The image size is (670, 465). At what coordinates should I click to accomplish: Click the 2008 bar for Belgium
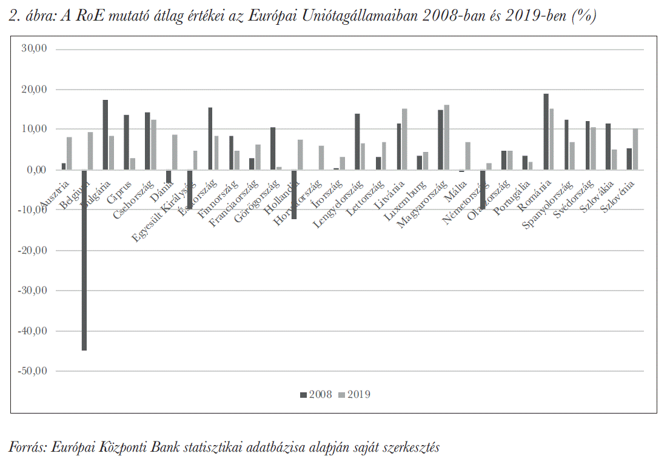(x=84, y=260)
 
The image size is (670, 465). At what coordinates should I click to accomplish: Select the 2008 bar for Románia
(x=546, y=132)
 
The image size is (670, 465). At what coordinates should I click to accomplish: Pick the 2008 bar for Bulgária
(x=105, y=135)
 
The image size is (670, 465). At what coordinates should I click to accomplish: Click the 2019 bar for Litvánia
(x=404, y=139)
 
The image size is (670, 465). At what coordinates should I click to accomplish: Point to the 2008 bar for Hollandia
(x=294, y=194)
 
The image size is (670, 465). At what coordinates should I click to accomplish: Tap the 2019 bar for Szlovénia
(x=635, y=149)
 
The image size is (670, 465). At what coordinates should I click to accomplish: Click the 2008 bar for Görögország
(x=273, y=148)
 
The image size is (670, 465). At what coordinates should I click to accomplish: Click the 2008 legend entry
(x=316, y=395)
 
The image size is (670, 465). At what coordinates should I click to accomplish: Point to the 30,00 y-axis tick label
(x=34, y=49)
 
